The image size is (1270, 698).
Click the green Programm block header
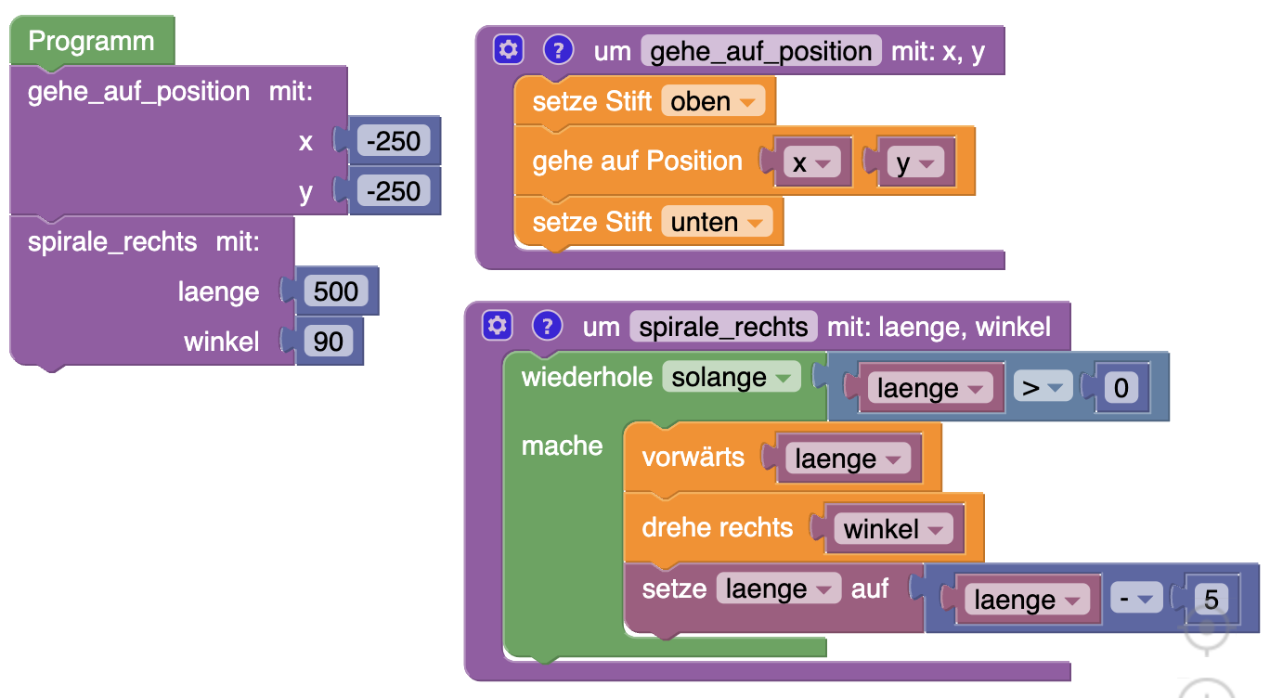91,42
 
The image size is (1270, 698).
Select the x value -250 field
394,142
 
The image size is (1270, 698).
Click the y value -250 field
394,191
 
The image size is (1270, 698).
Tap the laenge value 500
336,291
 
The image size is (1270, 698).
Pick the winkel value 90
329,342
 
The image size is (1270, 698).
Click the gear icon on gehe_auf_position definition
508,50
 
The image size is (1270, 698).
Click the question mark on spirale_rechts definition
548,326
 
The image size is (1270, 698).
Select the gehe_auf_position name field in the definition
760,51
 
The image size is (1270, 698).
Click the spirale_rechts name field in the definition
723,327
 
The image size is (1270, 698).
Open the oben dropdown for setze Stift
712,101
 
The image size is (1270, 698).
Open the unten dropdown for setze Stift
716,222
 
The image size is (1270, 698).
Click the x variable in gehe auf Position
810,163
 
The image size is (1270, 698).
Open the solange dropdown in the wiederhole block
731,377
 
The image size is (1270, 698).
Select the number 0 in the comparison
1121,388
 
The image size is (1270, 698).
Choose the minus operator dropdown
1135,600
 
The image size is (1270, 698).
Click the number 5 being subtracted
1211,600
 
